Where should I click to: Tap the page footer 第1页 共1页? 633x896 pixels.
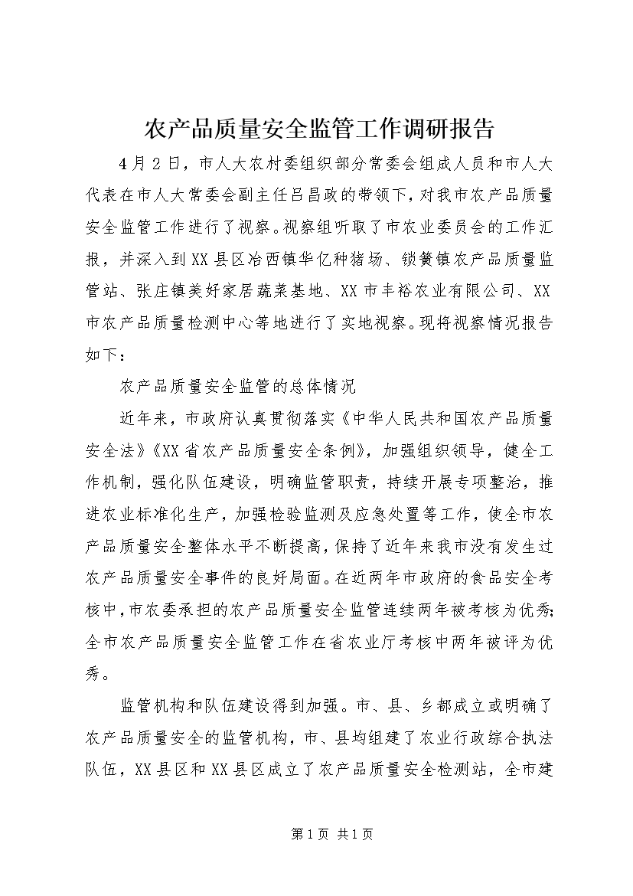point(316,834)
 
